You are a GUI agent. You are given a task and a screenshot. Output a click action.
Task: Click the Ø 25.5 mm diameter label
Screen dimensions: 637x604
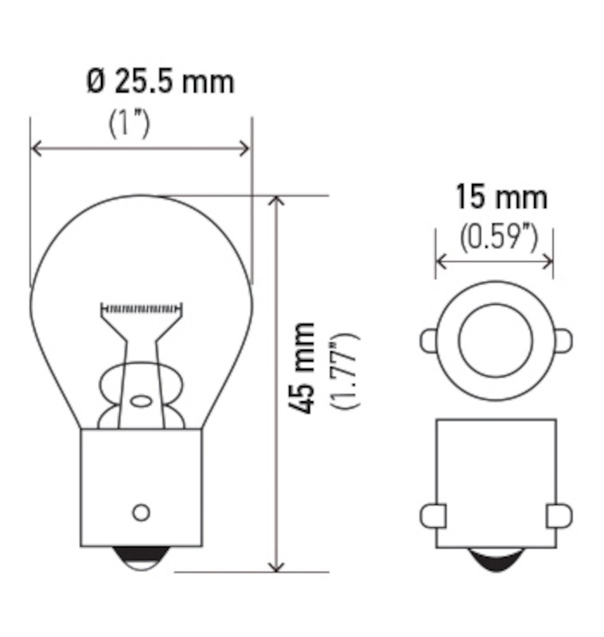161,82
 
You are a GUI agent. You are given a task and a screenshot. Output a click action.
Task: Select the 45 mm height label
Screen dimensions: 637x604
302,367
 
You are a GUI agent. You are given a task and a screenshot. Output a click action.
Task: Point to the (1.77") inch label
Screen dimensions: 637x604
345,370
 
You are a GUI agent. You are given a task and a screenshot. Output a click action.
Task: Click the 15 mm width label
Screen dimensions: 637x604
501,196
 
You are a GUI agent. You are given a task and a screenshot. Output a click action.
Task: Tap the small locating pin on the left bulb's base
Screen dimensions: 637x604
141,512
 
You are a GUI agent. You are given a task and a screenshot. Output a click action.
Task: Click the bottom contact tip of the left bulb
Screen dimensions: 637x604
140,560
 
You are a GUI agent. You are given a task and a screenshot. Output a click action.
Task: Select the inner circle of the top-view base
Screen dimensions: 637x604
494,340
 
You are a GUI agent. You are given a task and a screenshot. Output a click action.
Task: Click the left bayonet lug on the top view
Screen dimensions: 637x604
428,341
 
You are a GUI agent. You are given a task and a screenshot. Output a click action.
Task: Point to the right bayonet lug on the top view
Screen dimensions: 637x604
562,341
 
